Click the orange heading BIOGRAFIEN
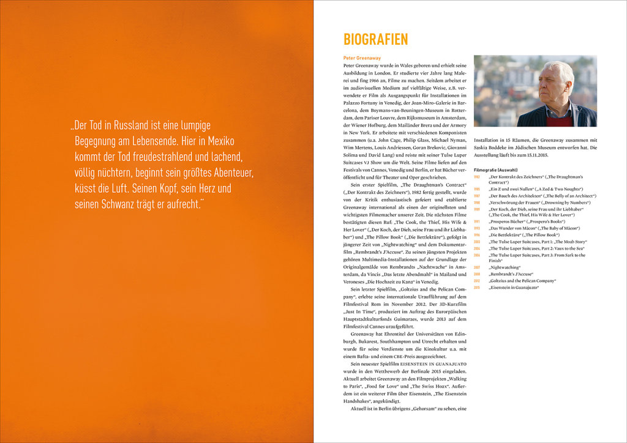click(375, 40)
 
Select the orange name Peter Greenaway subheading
click(362, 58)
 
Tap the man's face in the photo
click(552, 85)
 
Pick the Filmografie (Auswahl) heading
click(495, 169)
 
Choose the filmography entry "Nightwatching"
click(505, 267)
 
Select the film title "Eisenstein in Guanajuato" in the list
click(514, 287)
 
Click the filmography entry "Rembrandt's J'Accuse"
click(511, 274)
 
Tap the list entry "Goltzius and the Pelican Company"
click(522, 280)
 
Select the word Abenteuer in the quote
click(227, 173)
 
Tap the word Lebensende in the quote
click(161, 141)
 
